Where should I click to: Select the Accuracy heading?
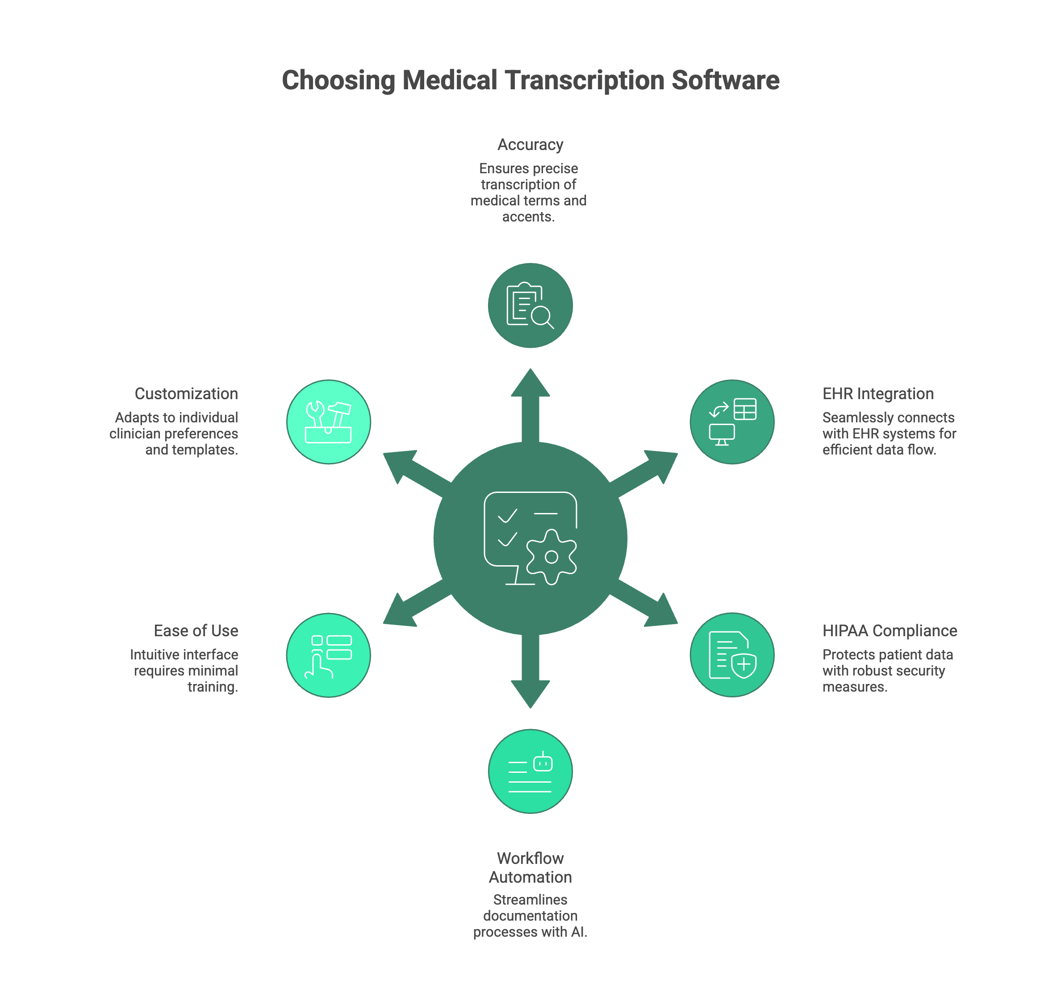pyautogui.click(x=530, y=145)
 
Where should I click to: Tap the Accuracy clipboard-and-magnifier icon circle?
pyautogui.click(x=530, y=305)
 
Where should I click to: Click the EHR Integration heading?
pyautogui.click(x=878, y=394)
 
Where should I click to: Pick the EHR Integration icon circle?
pyautogui.click(x=731, y=421)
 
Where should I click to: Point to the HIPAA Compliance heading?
pyautogui.click(x=890, y=630)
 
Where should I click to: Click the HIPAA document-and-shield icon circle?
pyautogui.click(x=731, y=655)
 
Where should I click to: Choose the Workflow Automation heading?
pyautogui.click(x=530, y=867)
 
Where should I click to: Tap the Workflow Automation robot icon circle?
pyautogui.click(x=530, y=771)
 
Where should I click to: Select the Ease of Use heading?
pyautogui.click(x=196, y=630)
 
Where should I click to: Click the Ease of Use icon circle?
pyautogui.click(x=329, y=655)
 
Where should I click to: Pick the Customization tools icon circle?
pyautogui.click(x=329, y=421)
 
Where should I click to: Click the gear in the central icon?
pyautogui.click(x=551, y=557)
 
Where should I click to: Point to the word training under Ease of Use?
pyautogui.click(x=211, y=687)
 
